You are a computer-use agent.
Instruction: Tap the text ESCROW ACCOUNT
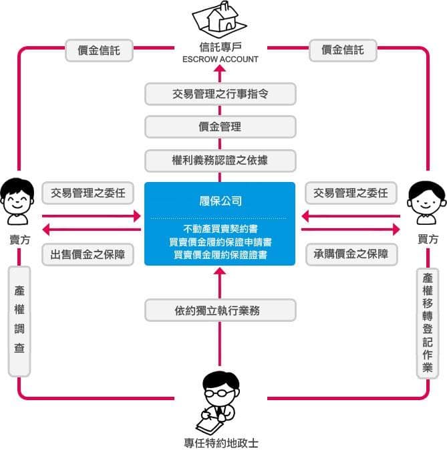(220, 60)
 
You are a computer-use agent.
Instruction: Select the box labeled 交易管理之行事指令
(220, 94)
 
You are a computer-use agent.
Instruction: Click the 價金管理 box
(220, 127)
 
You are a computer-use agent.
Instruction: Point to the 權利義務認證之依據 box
(220, 161)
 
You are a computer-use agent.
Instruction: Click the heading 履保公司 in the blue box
(220, 201)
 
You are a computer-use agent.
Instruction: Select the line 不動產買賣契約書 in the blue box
(220, 229)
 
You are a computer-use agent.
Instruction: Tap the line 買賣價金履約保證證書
(220, 255)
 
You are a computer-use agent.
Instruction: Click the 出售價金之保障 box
(88, 255)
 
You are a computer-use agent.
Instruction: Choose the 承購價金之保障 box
(351, 254)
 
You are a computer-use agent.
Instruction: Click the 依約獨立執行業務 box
(220, 310)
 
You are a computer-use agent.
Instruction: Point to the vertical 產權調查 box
(19, 321)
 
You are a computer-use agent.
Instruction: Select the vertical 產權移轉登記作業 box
(428, 323)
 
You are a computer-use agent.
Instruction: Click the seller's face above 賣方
(17, 196)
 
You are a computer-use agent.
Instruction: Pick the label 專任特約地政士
(221, 443)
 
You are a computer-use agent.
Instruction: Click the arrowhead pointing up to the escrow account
(220, 69)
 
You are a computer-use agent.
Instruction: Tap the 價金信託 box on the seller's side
(99, 50)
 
